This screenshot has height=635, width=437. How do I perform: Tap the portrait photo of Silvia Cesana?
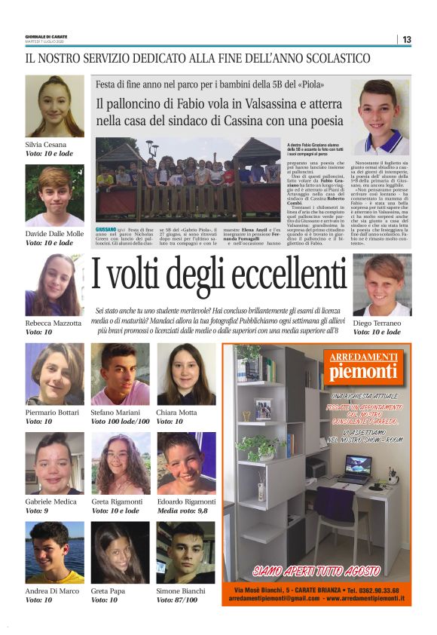55,106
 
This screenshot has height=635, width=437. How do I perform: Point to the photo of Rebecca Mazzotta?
55,285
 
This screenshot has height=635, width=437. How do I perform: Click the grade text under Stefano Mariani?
121,422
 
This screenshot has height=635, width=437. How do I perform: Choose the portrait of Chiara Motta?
186,374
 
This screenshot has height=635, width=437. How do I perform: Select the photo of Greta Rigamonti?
121,463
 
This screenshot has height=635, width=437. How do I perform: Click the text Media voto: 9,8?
182,511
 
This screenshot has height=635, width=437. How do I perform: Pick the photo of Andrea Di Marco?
55,552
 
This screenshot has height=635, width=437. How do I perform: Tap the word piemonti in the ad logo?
362,372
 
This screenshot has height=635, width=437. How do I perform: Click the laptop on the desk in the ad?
354,469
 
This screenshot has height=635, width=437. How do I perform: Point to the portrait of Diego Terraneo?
382,285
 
